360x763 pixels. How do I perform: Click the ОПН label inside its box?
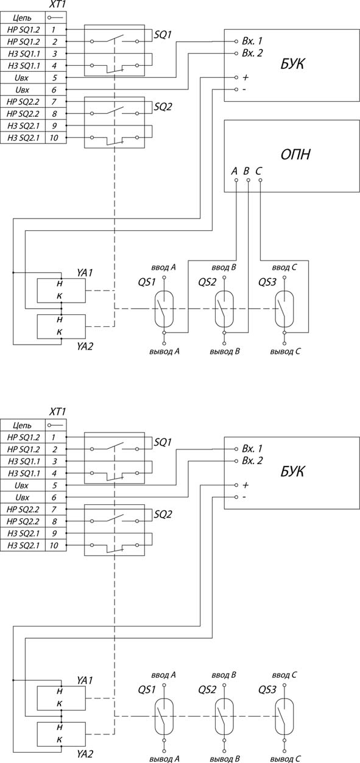[x=295, y=154]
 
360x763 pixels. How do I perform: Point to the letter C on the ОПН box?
[x=258, y=171]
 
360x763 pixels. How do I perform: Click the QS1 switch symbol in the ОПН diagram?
[x=164, y=309]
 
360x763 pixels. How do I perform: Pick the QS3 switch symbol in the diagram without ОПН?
[x=284, y=716]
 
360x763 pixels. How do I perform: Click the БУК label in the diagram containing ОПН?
[x=292, y=64]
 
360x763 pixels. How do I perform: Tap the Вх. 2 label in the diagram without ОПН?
[x=252, y=461]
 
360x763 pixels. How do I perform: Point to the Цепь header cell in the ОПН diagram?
[x=23, y=18]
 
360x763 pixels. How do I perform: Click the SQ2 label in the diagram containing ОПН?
[x=163, y=107]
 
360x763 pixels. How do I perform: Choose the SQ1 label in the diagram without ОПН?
[x=163, y=443]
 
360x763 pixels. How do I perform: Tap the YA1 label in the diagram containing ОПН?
[x=85, y=273]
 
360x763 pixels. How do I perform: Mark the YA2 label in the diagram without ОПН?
[x=85, y=754]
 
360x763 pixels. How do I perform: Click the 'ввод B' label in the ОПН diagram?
[x=224, y=267]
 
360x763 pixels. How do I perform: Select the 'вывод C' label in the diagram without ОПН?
[x=286, y=759]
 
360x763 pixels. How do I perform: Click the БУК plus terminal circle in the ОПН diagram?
[x=236, y=78]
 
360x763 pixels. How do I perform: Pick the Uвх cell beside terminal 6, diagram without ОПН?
[x=23, y=498]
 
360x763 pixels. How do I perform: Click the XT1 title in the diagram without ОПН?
[x=57, y=412]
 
